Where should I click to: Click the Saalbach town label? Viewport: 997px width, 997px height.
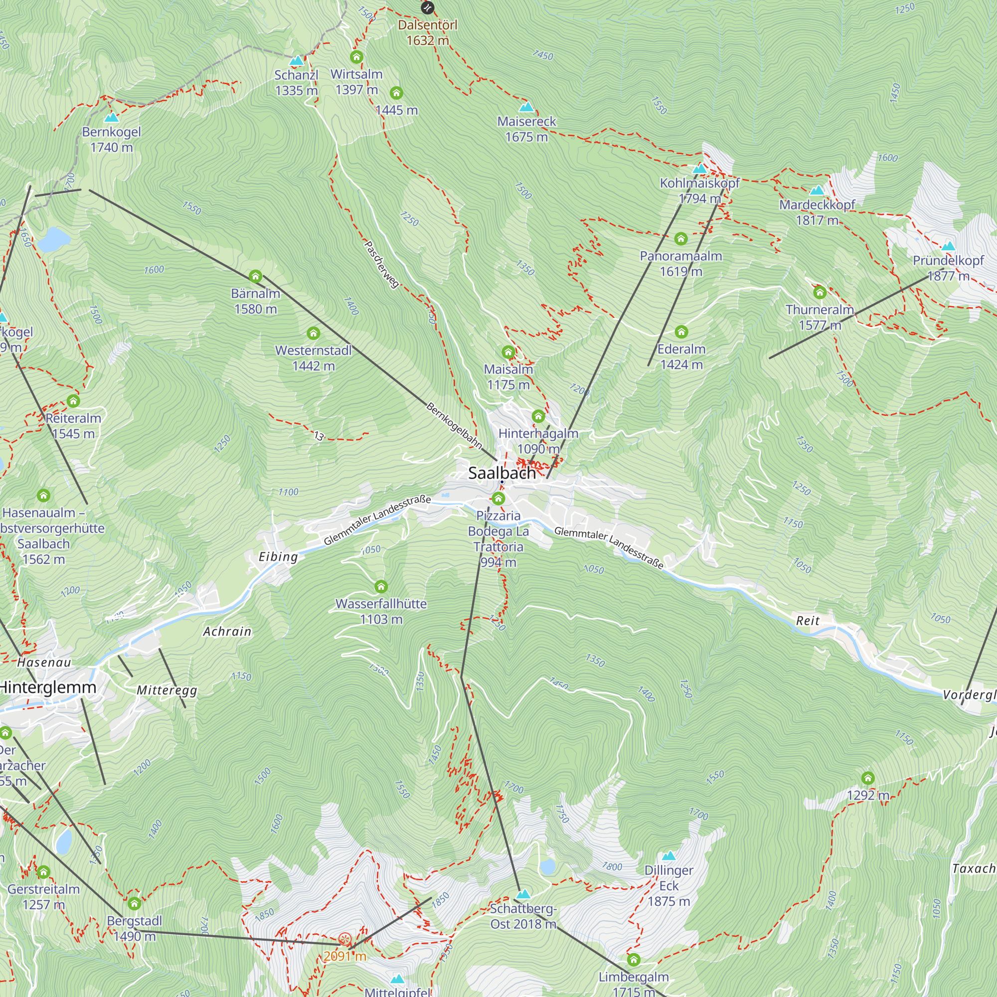coord(501,473)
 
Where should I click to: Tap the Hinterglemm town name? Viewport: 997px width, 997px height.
coord(48,687)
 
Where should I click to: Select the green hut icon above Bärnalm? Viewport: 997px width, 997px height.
coord(255,277)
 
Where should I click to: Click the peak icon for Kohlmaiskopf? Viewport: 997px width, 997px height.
coord(699,169)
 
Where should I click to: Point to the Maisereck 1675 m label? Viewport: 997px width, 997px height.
coord(526,129)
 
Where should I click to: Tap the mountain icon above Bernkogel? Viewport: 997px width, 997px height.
coord(112,118)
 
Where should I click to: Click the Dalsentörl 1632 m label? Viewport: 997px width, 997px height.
coord(427,32)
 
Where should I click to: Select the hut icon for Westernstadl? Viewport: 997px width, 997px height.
coord(313,333)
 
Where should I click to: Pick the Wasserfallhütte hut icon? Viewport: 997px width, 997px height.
coord(381,587)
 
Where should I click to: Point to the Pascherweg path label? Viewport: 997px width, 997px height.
coord(382,264)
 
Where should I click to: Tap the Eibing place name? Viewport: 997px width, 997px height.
coord(278,557)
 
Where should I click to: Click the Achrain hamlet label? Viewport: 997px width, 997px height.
coord(227,632)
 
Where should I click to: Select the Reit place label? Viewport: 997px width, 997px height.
coord(808,621)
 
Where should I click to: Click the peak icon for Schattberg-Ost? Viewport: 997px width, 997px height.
coord(523,894)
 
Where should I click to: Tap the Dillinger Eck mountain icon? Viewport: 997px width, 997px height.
coord(669,855)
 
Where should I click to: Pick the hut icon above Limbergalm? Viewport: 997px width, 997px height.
coord(634,960)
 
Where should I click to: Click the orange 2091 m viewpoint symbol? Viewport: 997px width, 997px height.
coord(345,939)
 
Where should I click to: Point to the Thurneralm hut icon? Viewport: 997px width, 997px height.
coord(820,293)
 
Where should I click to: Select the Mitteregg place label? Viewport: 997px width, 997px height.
coord(166,690)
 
